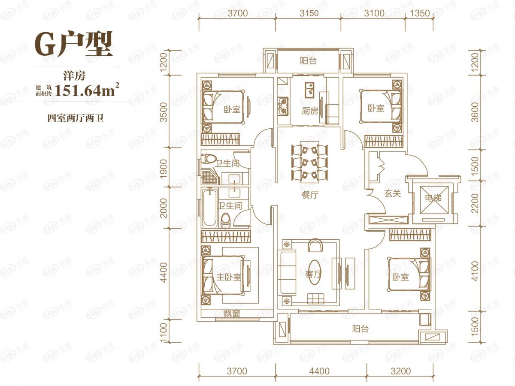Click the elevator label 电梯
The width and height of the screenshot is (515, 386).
coord(433,198)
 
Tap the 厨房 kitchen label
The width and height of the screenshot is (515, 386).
coord(310,111)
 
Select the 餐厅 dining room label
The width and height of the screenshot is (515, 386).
coord(310,195)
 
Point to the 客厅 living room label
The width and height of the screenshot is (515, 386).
coord(314,274)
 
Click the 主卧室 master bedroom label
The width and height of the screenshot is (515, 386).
coord(229,277)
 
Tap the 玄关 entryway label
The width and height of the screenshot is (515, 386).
coord(393,193)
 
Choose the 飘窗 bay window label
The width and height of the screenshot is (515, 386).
coord(232,313)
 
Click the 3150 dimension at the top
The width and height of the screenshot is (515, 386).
coord(309,13)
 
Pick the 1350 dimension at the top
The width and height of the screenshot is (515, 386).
coord(420,13)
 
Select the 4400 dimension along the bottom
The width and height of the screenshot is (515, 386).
coord(319,371)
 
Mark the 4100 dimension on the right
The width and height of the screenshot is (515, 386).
coord(475,271)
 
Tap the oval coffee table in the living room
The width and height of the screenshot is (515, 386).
coord(314,272)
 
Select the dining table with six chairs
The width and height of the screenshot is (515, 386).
coord(310,162)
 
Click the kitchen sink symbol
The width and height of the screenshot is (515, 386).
coord(310,90)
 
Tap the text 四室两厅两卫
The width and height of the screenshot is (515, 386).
coord(76,118)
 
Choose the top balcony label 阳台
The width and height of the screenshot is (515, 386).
coord(308,61)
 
